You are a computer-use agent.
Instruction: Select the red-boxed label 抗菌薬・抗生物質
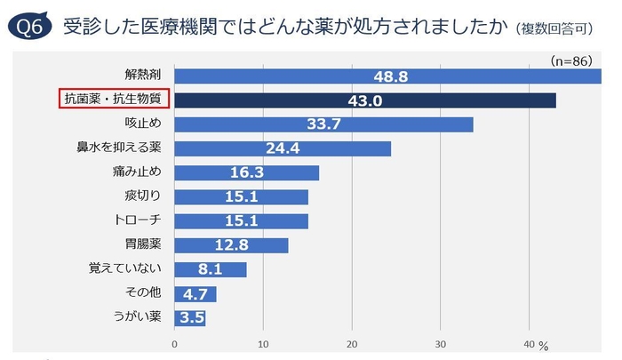[x=114, y=100]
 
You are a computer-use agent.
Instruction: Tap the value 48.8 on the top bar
[x=391, y=76]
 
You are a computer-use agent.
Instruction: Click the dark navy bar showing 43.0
[x=365, y=100]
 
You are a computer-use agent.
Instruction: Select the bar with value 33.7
[x=323, y=124]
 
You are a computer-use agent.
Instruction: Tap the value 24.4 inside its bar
[x=283, y=148]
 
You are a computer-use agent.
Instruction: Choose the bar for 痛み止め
[x=246, y=172]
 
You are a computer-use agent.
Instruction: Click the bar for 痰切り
[x=241, y=196]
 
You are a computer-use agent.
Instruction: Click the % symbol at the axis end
[x=544, y=345]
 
